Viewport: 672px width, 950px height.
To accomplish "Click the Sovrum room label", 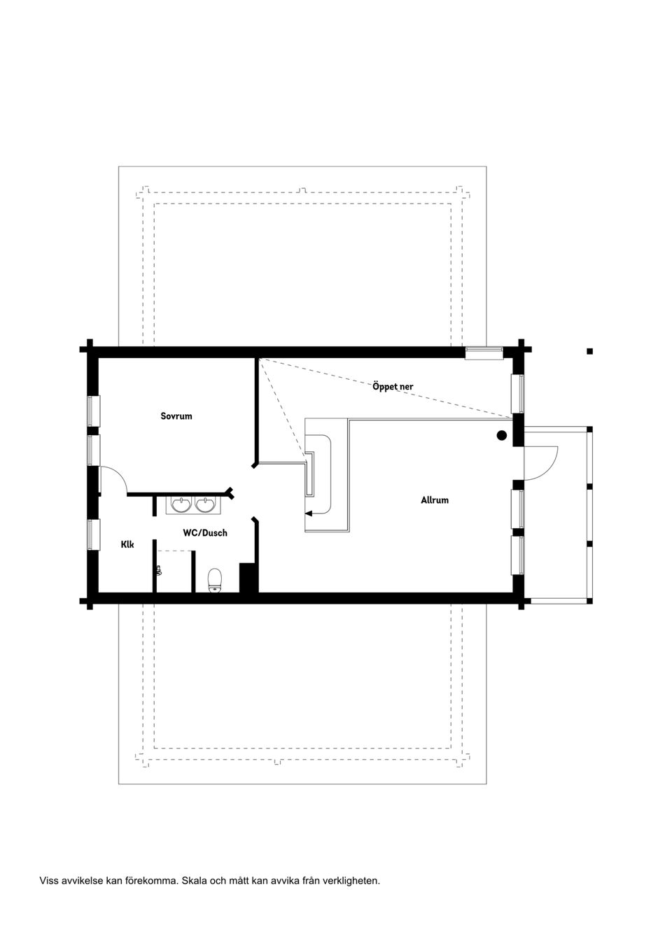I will (176, 416).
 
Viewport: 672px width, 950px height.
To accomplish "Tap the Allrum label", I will (434, 500).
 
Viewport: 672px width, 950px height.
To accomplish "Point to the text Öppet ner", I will (393, 386).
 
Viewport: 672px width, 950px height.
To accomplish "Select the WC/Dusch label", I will (205, 533).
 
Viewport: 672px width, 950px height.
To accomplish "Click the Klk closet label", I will (127, 544).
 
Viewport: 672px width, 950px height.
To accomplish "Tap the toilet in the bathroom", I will (215, 579).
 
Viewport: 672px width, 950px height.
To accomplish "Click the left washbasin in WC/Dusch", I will (181, 504).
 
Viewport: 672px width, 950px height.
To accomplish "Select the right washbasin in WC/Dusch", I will (205, 504).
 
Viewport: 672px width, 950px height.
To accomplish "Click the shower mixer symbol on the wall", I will (159, 571).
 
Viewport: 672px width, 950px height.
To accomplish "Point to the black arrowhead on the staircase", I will (309, 513).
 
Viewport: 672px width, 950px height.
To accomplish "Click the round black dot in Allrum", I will (501, 435).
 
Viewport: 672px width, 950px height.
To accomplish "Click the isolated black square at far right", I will (590, 351).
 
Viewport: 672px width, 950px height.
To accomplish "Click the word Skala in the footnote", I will (194, 881).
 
